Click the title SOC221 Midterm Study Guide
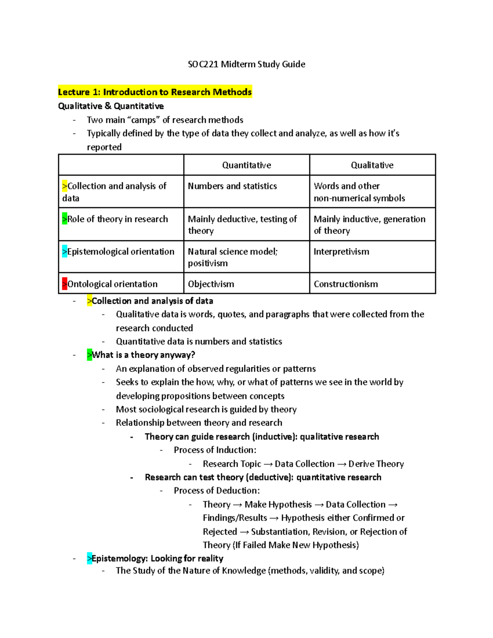click(246, 64)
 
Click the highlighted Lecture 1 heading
click(154, 92)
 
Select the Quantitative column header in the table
click(246, 165)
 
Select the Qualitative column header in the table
click(372, 165)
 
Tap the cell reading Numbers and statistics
click(233, 186)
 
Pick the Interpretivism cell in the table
click(341, 252)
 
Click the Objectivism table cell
click(211, 284)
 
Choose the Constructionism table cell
click(346, 284)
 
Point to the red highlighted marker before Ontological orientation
click(65, 284)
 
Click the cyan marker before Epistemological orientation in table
click(65, 251)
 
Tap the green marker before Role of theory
click(65, 219)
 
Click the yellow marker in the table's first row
click(65, 186)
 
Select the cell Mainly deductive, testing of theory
click(242, 225)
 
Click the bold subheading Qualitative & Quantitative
click(111, 106)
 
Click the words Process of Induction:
click(215, 450)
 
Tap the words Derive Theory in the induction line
click(376, 464)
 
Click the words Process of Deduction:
click(217, 491)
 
